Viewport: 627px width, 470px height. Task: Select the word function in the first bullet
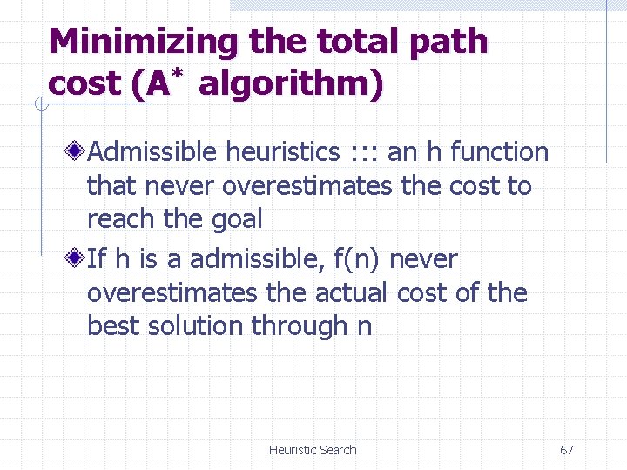point(499,152)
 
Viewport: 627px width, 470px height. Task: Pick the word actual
point(346,292)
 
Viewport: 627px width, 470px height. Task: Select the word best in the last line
point(113,326)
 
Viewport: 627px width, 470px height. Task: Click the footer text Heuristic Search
point(313,450)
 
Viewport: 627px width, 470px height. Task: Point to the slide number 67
point(566,450)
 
